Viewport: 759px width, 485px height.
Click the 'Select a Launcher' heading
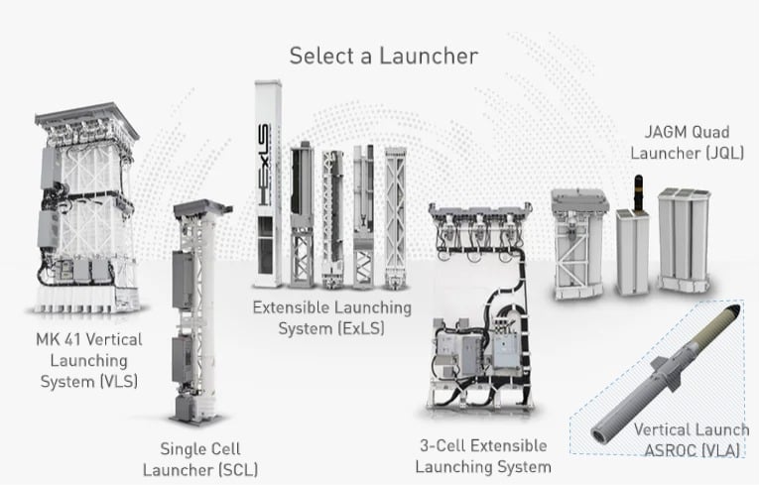click(382, 56)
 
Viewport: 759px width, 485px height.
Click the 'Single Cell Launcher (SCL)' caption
click(200, 458)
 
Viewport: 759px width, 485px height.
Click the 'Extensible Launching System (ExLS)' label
click(317, 317)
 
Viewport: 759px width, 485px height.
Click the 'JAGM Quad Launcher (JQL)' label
click(694, 143)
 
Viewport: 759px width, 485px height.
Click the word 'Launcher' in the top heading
click(432, 56)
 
